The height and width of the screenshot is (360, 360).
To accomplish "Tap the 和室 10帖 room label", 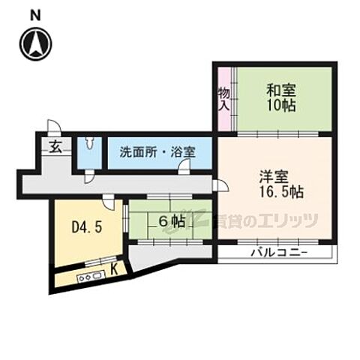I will (x=281, y=97).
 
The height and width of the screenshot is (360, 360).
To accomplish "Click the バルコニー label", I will (x=279, y=253).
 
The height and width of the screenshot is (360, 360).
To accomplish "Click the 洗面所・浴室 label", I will (x=157, y=151).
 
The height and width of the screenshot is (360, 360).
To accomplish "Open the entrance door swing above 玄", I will (x=52, y=127).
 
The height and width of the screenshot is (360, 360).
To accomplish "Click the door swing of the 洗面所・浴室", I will (x=183, y=169).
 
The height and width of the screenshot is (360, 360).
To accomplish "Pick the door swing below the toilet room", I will (x=89, y=175).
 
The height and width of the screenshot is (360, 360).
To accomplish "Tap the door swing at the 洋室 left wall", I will (x=216, y=184).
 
